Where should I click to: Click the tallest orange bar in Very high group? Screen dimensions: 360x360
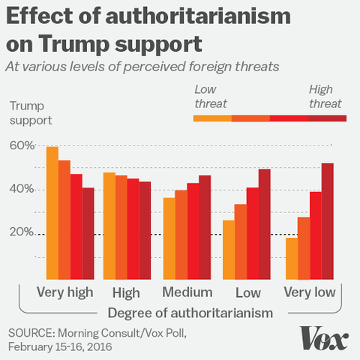tap(52, 212)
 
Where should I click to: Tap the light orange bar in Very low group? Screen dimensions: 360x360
tap(292, 257)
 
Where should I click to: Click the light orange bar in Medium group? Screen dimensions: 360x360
tap(169, 238)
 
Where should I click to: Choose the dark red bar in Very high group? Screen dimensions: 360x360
tap(88, 232)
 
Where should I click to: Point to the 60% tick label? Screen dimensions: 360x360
tap(22, 145)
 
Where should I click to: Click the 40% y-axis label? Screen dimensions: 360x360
tap(22, 189)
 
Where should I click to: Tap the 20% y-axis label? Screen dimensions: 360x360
tap(22, 232)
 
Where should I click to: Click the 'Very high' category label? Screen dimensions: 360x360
tap(64, 292)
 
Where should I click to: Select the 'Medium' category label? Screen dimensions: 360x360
tap(187, 292)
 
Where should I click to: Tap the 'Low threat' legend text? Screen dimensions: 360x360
tap(210, 97)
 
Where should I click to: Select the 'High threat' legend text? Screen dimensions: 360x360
tap(325, 97)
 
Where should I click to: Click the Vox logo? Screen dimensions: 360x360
tap(325, 338)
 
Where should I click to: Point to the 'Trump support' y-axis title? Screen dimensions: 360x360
tap(29, 113)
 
